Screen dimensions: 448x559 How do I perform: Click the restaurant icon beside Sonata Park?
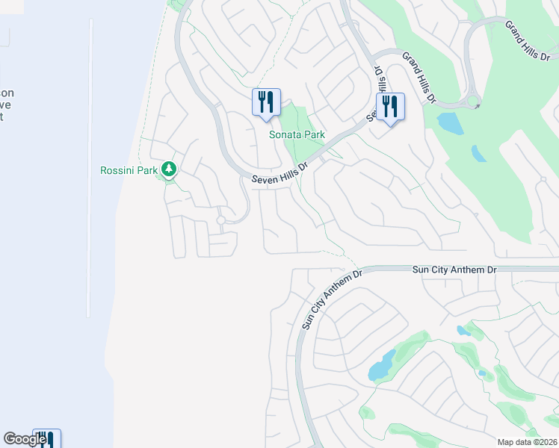266,102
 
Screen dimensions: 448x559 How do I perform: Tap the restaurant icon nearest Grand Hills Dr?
390,107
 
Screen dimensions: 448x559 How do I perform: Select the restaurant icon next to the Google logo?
46,439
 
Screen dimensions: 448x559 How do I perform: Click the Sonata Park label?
297,134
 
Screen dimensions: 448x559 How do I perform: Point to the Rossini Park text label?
129,170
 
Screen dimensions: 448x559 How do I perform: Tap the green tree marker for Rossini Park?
170,170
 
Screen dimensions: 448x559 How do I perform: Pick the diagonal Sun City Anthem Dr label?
332,299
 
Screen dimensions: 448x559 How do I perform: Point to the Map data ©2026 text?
526,442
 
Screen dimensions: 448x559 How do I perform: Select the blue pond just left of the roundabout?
448,122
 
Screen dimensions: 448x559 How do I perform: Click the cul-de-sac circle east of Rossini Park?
221,220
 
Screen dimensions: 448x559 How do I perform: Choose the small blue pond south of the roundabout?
478,154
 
